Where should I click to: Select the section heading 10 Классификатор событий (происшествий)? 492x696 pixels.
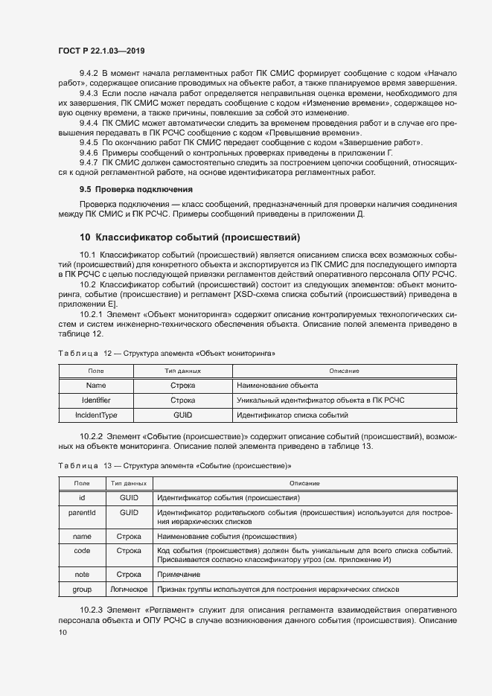click(x=190, y=237)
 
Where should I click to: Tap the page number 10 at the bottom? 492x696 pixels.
click(x=63, y=633)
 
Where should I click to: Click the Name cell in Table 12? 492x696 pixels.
click(x=96, y=386)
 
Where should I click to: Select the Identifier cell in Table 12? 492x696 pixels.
click(x=96, y=400)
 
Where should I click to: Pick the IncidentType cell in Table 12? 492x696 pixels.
click(x=96, y=415)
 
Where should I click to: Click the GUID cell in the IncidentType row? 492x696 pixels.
click(x=182, y=415)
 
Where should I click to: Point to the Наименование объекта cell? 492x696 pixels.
click(x=277, y=386)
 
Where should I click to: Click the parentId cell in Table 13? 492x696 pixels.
click(x=82, y=513)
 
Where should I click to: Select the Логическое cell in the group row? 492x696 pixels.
click(x=129, y=589)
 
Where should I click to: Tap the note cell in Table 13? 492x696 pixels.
click(x=82, y=575)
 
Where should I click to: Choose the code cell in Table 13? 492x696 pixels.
click(x=82, y=551)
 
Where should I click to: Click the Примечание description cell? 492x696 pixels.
click(x=178, y=575)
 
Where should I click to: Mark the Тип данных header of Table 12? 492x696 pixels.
click(x=182, y=371)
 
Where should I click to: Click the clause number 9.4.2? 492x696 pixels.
click(x=89, y=73)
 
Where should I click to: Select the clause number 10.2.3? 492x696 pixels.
click(x=92, y=609)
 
